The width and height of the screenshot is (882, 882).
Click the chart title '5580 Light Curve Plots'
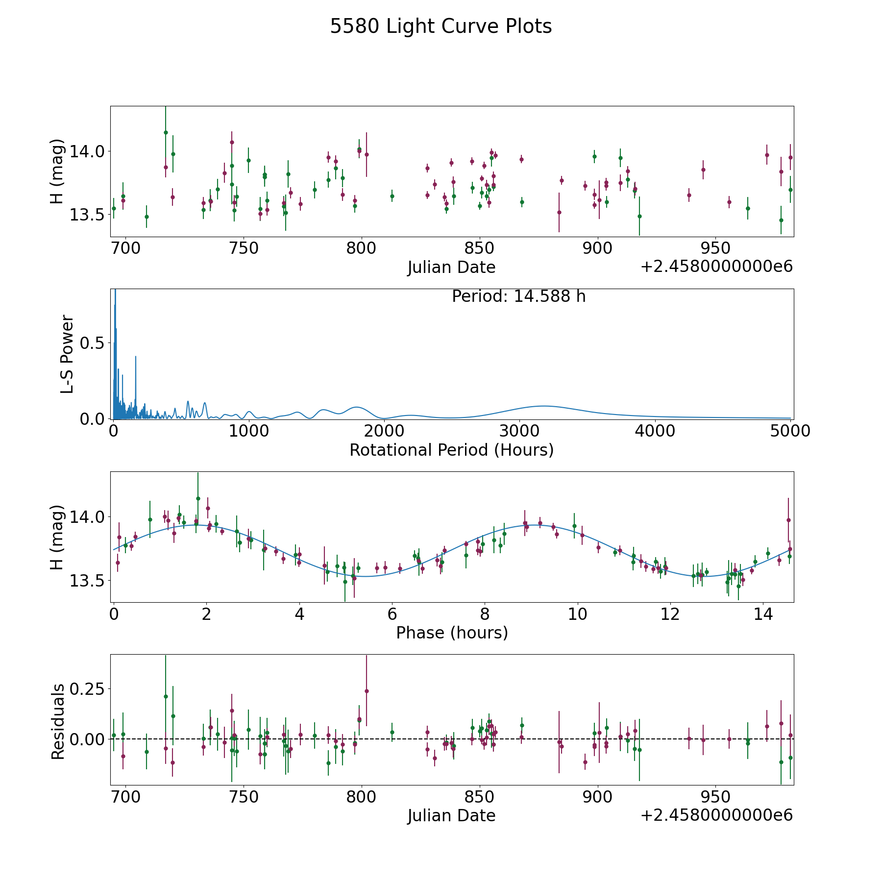[441, 26]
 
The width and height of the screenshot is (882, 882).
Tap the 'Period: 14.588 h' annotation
[518, 296]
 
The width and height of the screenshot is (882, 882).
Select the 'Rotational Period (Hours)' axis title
[451, 450]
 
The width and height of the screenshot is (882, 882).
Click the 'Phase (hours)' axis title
[452, 633]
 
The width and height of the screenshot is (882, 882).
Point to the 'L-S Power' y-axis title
[67, 354]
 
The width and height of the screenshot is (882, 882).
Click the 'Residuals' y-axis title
[58, 721]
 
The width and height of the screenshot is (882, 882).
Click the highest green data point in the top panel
[166, 132]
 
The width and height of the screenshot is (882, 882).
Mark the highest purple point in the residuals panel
[367, 691]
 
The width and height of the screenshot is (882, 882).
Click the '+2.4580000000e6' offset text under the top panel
[716, 266]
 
